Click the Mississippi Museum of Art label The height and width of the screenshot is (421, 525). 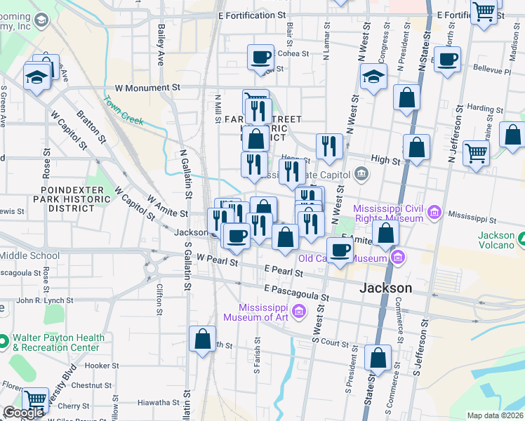pos(264,312)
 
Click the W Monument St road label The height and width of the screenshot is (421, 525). pos(147,88)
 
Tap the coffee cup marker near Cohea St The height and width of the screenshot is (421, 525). pos(260,57)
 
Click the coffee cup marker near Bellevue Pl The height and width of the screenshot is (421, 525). pos(447,59)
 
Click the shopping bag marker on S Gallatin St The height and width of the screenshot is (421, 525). pos(202,339)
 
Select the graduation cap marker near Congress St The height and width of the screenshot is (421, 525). pos(374,76)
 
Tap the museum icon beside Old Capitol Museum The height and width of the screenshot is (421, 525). pos(399,258)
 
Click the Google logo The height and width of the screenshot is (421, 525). pos(23,413)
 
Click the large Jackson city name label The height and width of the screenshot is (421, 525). pos(385,288)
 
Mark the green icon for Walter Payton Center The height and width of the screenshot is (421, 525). pos(4,342)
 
